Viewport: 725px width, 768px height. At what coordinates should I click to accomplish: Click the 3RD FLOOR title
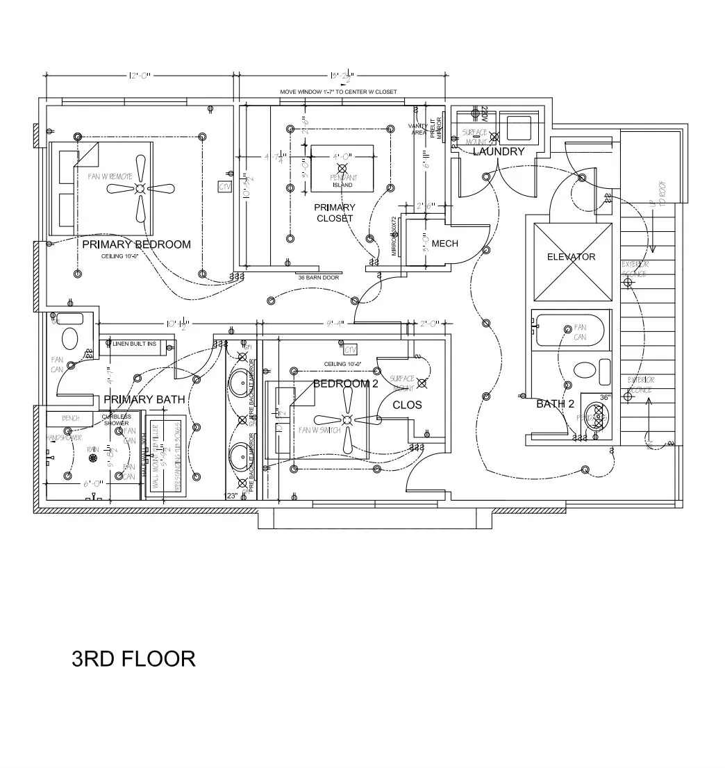(x=133, y=658)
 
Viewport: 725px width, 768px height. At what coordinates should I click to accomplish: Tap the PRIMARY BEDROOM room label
(x=136, y=244)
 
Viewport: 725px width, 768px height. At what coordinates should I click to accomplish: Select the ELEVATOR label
(x=571, y=257)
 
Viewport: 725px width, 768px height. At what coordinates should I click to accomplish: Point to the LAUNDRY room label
(x=498, y=151)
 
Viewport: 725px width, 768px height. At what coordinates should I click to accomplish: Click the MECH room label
(x=444, y=244)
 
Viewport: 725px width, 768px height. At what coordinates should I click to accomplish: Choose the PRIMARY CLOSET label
(x=334, y=212)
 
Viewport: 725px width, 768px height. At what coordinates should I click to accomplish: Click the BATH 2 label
(x=555, y=403)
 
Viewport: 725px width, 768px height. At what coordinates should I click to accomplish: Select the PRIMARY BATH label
(x=144, y=399)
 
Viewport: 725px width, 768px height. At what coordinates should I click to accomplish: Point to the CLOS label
(x=407, y=405)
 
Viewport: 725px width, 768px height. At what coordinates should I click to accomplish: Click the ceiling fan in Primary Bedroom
(x=140, y=188)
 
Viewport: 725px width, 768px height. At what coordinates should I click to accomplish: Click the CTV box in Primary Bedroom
(x=224, y=187)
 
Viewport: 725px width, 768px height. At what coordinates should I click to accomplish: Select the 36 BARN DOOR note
(x=318, y=278)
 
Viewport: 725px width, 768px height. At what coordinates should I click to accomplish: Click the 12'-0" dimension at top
(x=139, y=76)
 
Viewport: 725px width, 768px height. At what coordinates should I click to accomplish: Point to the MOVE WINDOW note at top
(x=338, y=92)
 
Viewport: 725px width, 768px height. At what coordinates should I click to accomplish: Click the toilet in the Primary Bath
(x=70, y=338)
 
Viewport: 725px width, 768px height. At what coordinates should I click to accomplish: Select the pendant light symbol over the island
(x=341, y=169)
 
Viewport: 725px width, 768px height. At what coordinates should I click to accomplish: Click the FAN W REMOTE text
(x=110, y=176)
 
